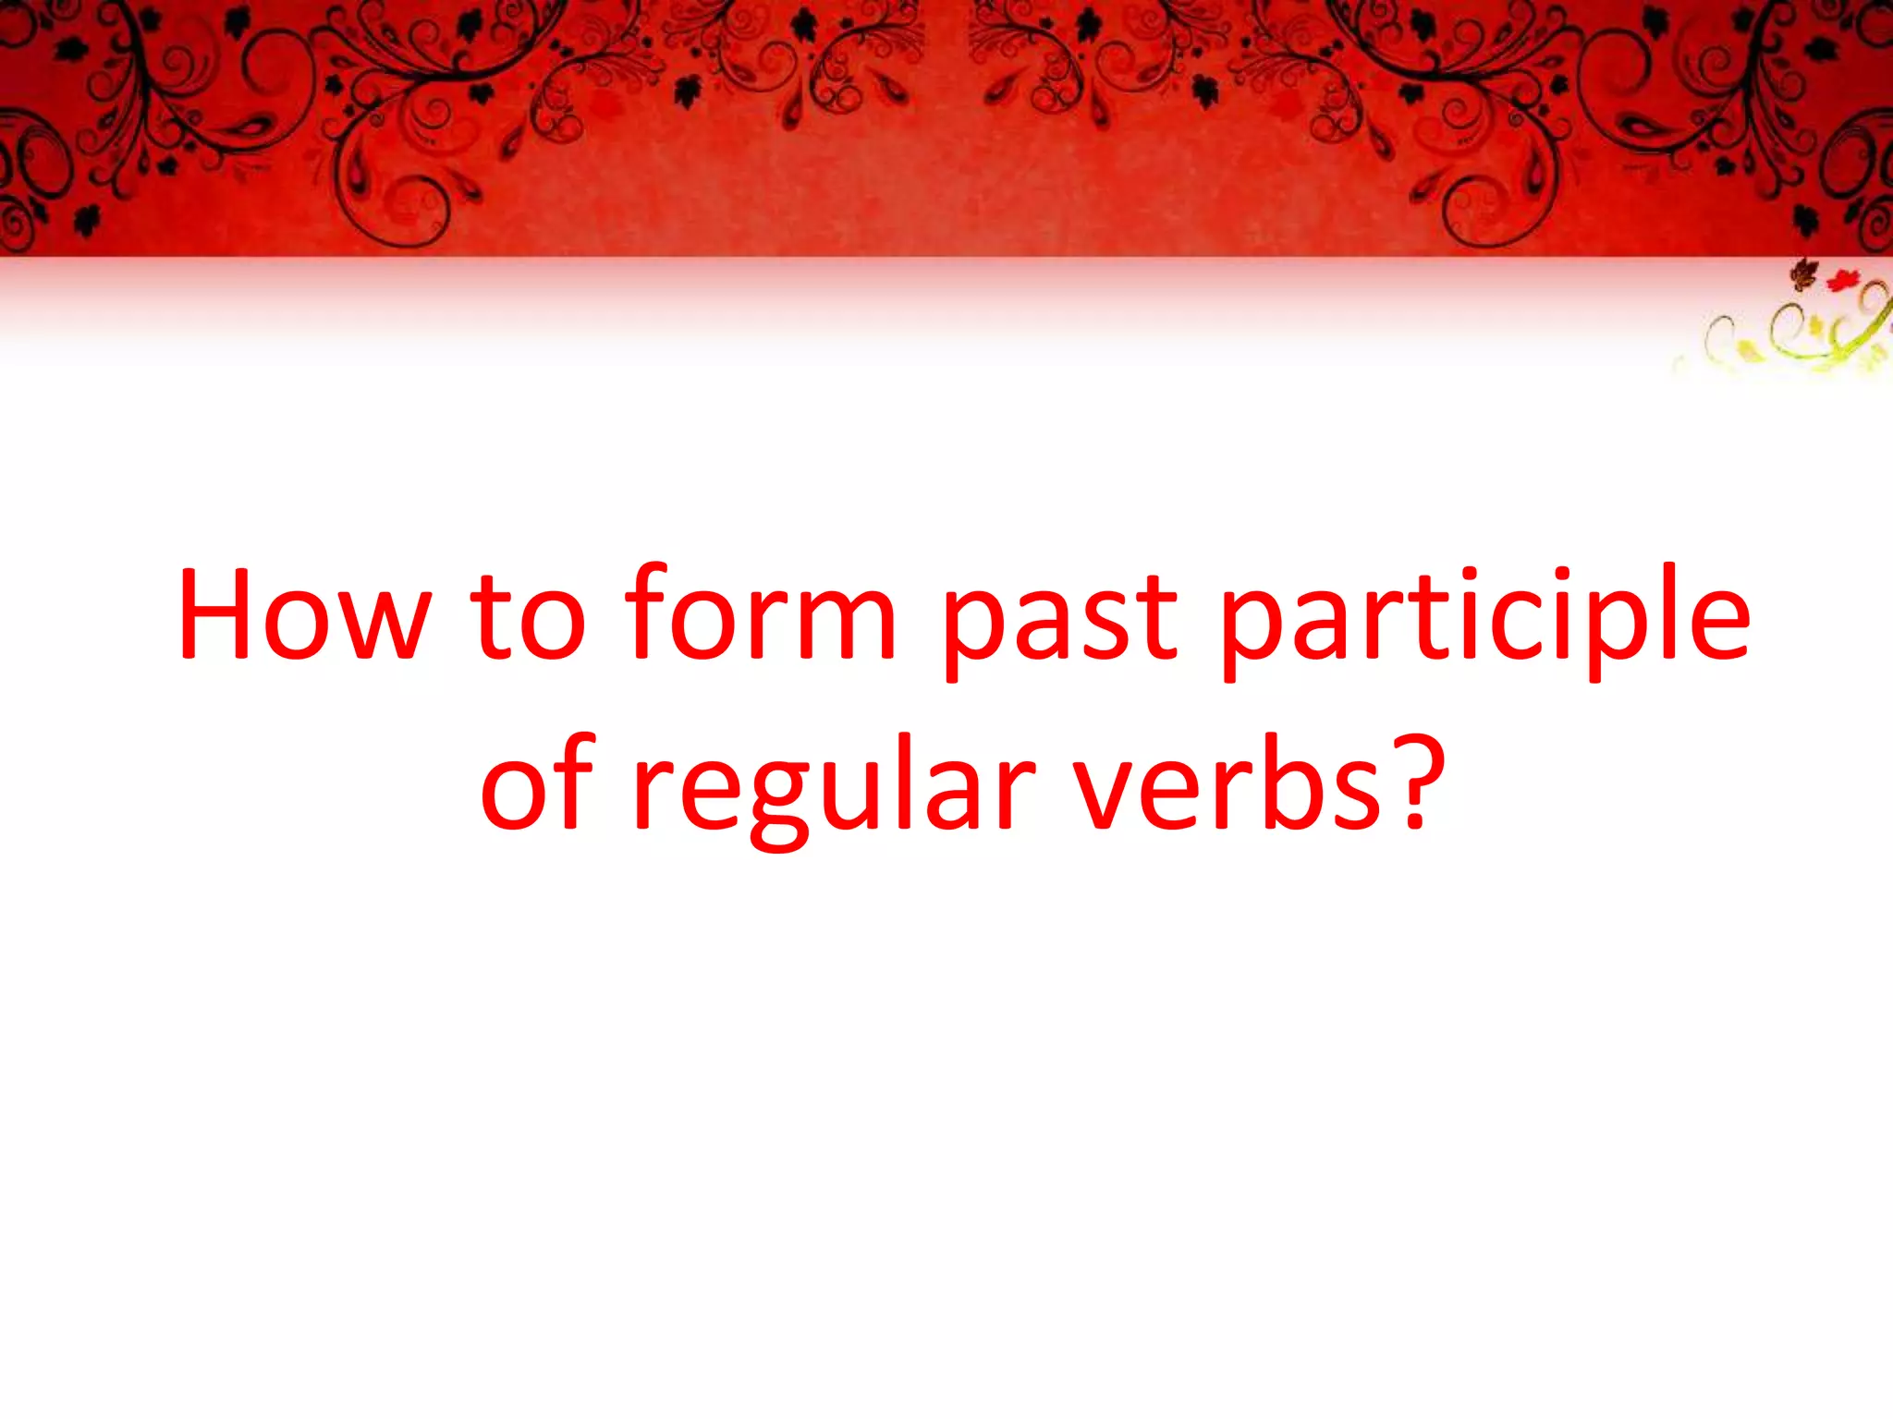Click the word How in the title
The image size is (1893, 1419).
click(x=305, y=614)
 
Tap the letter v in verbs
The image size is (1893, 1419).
click(x=1108, y=790)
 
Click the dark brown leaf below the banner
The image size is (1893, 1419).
click(x=1803, y=273)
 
